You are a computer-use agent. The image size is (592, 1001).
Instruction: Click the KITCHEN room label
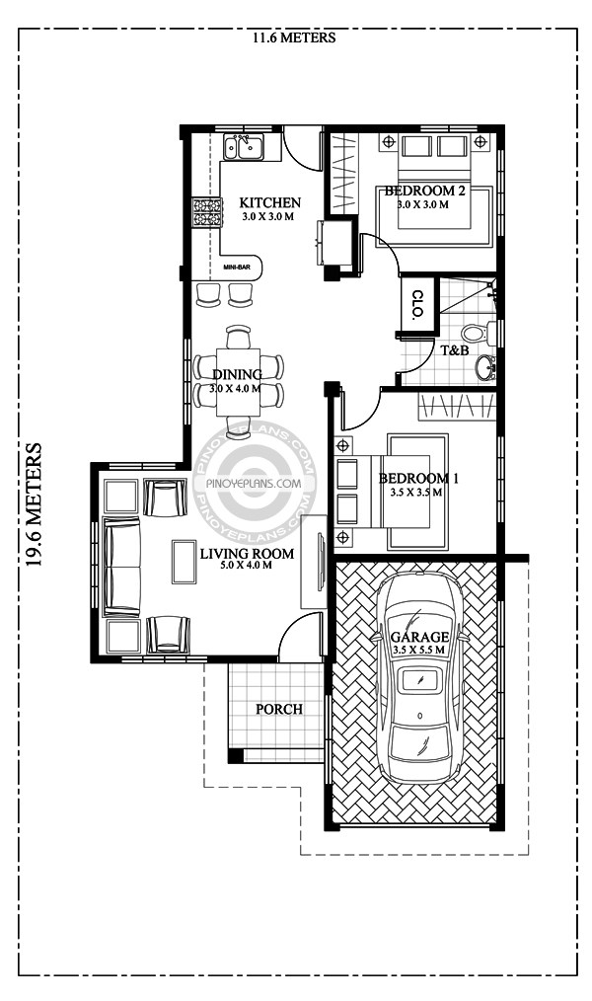coord(269,203)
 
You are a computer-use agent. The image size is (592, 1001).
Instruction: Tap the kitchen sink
coord(243,147)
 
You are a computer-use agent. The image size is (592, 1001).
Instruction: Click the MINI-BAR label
coord(237,267)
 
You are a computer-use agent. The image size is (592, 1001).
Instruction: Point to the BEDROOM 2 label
coord(424,191)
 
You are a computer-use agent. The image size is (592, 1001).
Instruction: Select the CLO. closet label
coord(417,305)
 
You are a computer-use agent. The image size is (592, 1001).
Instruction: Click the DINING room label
coord(237,375)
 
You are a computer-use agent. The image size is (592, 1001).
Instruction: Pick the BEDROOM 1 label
coord(418,479)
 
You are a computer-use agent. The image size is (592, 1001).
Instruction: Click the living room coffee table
coord(185,562)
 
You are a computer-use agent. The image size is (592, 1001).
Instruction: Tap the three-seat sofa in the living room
coord(121,567)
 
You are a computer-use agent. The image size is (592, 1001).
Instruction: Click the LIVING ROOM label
coord(247,554)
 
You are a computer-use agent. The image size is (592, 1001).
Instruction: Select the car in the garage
coord(418,678)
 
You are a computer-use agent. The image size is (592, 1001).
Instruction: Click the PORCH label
coord(279,709)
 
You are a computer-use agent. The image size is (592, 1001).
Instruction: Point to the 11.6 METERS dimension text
coord(294,38)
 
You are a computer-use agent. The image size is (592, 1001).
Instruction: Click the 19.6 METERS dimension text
coord(34,505)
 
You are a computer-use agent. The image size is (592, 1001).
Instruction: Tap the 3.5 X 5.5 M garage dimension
coord(418,650)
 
